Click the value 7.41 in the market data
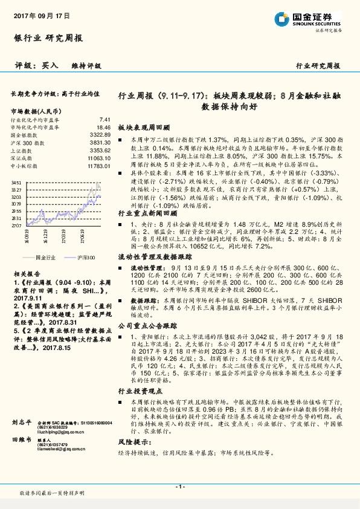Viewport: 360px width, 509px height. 104,120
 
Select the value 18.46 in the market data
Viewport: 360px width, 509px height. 103,128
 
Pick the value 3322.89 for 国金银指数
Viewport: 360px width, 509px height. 101,135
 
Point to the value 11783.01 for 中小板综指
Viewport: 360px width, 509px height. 99,165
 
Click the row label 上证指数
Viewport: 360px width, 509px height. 22,151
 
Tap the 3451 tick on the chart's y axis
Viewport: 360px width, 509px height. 16,182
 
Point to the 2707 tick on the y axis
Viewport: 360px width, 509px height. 16,224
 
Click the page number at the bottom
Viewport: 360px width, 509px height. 179,487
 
